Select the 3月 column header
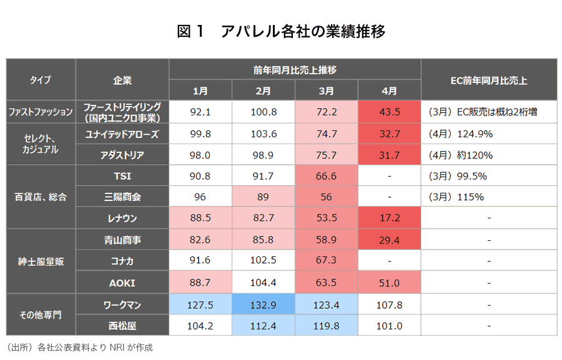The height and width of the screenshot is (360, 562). point(326,90)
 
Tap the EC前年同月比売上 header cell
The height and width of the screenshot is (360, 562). point(488,80)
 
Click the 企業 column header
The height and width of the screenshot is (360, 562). point(122,80)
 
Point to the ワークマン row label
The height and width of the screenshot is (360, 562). point(122,304)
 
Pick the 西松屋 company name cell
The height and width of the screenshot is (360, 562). point(122,326)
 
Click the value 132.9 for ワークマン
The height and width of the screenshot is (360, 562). point(263,304)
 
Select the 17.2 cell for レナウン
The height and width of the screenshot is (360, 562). point(389,218)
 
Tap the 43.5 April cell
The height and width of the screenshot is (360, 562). point(389,112)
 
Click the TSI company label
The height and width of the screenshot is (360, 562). point(122,176)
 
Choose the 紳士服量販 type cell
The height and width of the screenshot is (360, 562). point(40,262)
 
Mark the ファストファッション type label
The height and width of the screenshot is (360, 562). point(41,112)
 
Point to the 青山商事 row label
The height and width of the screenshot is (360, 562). point(122,240)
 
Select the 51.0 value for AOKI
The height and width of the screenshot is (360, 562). point(389,283)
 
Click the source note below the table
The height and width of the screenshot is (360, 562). point(79,348)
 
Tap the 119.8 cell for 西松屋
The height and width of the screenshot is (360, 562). point(326,326)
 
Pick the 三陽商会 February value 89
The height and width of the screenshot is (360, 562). point(263,197)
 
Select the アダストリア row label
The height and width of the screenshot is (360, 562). point(122,155)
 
